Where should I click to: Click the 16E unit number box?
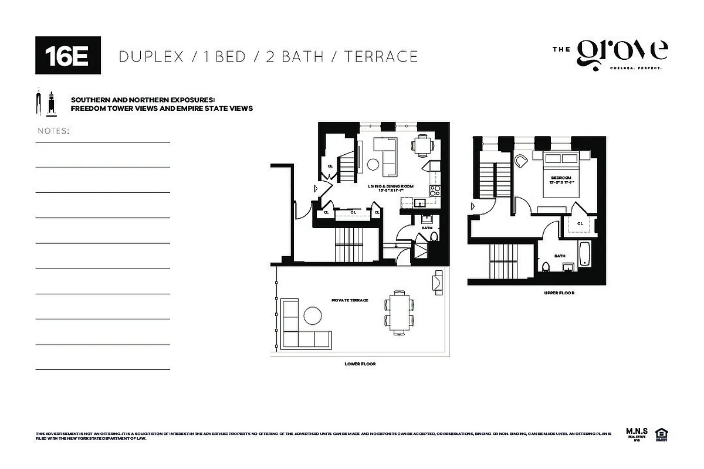click(x=68, y=55)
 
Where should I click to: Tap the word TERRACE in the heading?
click(x=381, y=56)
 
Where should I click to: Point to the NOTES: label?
click(x=53, y=131)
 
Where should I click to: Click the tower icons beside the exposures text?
click(x=46, y=103)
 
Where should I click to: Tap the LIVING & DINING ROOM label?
click(x=391, y=186)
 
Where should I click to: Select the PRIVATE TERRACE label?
click(x=350, y=300)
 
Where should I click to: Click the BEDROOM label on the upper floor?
click(x=561, y=178)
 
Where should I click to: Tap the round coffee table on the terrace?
click(x=312, y=316)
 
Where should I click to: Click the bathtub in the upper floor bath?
click(x=584, y=253)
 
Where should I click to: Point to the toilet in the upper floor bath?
click(x=546, y=267)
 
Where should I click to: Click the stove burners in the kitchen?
click(x=435, y=190)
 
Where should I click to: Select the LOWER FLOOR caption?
click(x=360, y=364)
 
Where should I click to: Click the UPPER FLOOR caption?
click(x=558, y=293)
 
